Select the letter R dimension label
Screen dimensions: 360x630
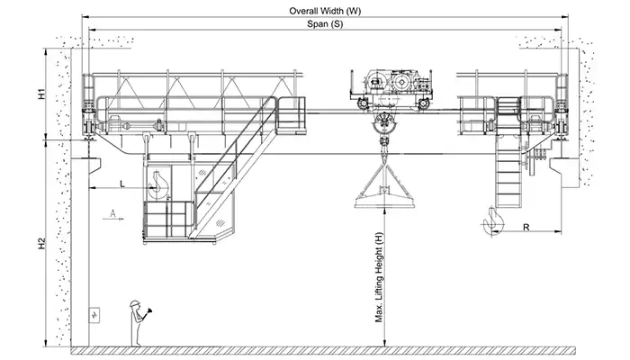click(x=525, y=228)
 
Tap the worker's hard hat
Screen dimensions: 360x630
click(x=134, y=302)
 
